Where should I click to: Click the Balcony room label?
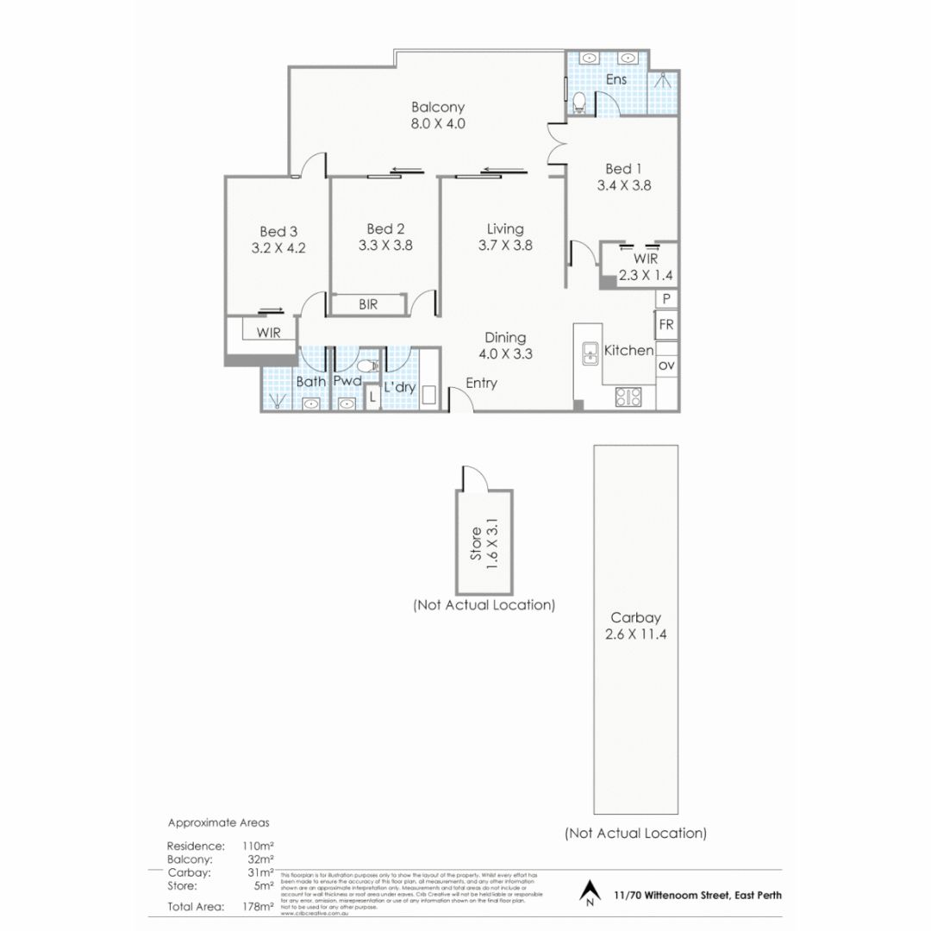pyautogui.click(x=438, y=108)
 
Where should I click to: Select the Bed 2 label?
pyautogui.click(x=385, y=228)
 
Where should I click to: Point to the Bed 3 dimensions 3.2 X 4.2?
pyautogui.click(x=278, y=247)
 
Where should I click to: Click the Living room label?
pyautogui.click(x=505, y=228)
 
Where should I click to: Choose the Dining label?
pyautogui.click(x=505, y=338)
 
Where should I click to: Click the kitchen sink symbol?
pyautogui.click(x=590, y=353)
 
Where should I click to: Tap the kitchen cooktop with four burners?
pyautogui.click(x=628, y=397)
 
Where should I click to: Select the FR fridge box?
pyautogui.click(x=666, y=325)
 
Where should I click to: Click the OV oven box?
pyautogui.click(x=666, y=366)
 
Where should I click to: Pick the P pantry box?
pyautogui.click(x=666, y=298)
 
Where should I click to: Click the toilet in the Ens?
pyautogui.click(x=579, y=103)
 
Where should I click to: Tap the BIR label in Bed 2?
pyautogui.click(x=367, y=304)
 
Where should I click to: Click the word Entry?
pyautogui.click(x=481, y=384)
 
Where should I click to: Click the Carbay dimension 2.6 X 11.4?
pyautogui.click(x=636, y=635)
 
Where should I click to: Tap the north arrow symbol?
pyautogui.click(x=590, y=893)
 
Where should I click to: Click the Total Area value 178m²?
pyautogui.click(x=259, y=906)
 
